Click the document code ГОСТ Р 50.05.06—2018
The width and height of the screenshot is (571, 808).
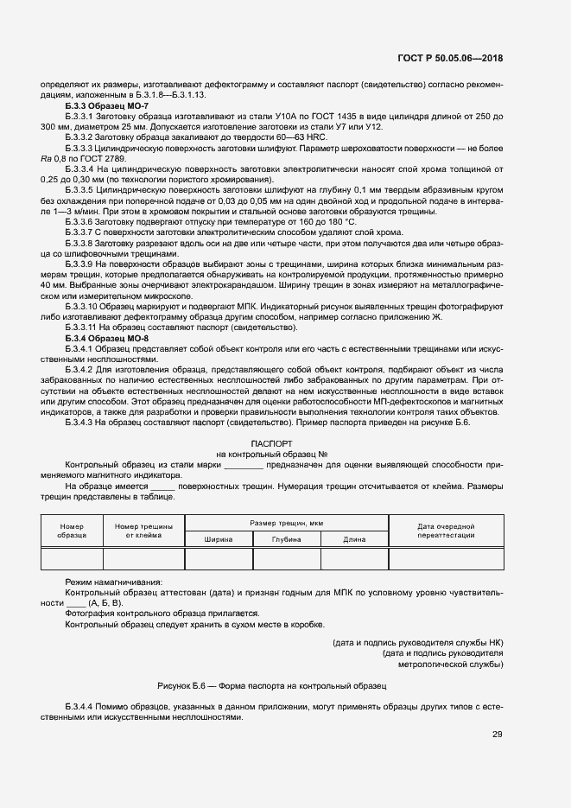click(452, 58)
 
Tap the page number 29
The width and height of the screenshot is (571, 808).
click(497, 735)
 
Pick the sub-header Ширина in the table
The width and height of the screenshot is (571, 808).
click(219, 539)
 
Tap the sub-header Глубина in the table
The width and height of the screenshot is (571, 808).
click(286, 539)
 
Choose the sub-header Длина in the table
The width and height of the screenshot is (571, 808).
click(354, 539)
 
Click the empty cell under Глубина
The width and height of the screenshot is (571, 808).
click(286, 559)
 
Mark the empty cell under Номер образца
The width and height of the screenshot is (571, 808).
click(72, 559)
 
